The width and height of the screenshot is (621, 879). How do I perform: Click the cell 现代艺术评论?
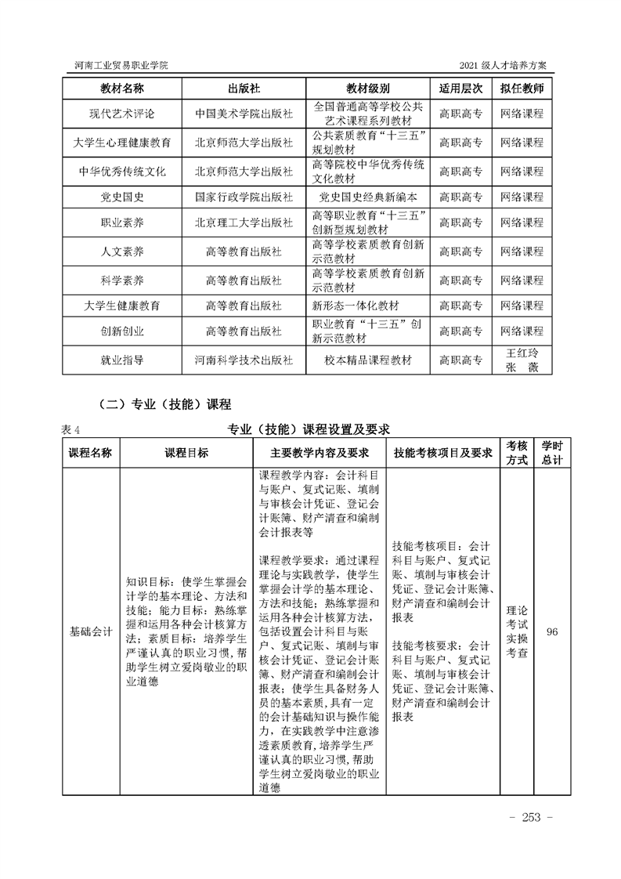coord(122,114)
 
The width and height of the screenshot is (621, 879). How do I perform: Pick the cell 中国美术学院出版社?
coord(244,114)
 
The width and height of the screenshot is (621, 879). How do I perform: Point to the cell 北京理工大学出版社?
coord(244,223)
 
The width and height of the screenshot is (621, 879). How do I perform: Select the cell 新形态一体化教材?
coord(356,305)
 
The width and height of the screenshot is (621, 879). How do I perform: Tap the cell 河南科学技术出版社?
coord(244,360)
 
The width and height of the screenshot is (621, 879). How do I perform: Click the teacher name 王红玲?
coord(522,353)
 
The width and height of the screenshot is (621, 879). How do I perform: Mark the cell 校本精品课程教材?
coord(367,360)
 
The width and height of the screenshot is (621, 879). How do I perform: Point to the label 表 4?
coord(70,429)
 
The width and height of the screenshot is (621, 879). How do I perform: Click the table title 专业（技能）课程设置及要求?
coord(309,429)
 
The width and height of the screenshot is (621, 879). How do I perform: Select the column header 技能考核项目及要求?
coord(442,453)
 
